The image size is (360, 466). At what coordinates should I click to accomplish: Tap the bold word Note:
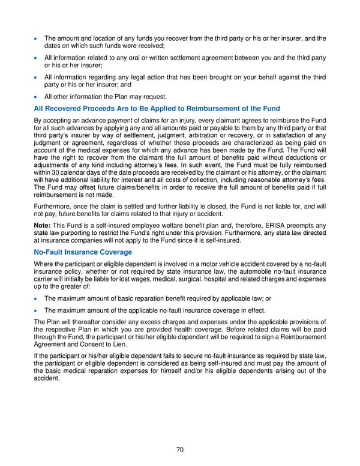44,225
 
